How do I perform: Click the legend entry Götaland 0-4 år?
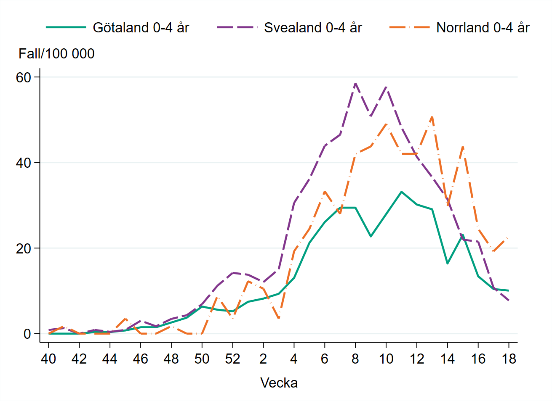tap(141, 28)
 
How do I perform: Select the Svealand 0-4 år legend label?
tap(313, 28)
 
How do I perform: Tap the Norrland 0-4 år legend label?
tap(483, 28)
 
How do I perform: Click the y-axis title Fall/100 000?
tap(56, 54)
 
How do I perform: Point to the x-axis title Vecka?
tap(279, 383)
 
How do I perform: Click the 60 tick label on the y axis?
tap(24, 77)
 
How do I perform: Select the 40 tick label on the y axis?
tap(24, 163)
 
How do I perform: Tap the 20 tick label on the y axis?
tap(24, 248)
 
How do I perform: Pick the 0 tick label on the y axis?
tap(27, 334)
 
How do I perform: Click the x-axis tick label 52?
tap(232, 359)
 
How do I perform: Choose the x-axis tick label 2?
tap(263, 359)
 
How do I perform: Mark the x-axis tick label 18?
tap(509, 359)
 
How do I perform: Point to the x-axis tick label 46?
tap(140, 359)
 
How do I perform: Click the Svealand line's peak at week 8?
tap(355, 83)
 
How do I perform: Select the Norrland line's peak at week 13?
tap(432, 116)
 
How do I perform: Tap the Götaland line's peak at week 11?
tap(401, 192)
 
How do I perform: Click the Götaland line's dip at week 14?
tap(447, 264)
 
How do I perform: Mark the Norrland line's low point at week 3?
tap(279, 319)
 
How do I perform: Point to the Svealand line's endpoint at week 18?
tap(509, 301)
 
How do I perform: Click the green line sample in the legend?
tap(66, 28)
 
